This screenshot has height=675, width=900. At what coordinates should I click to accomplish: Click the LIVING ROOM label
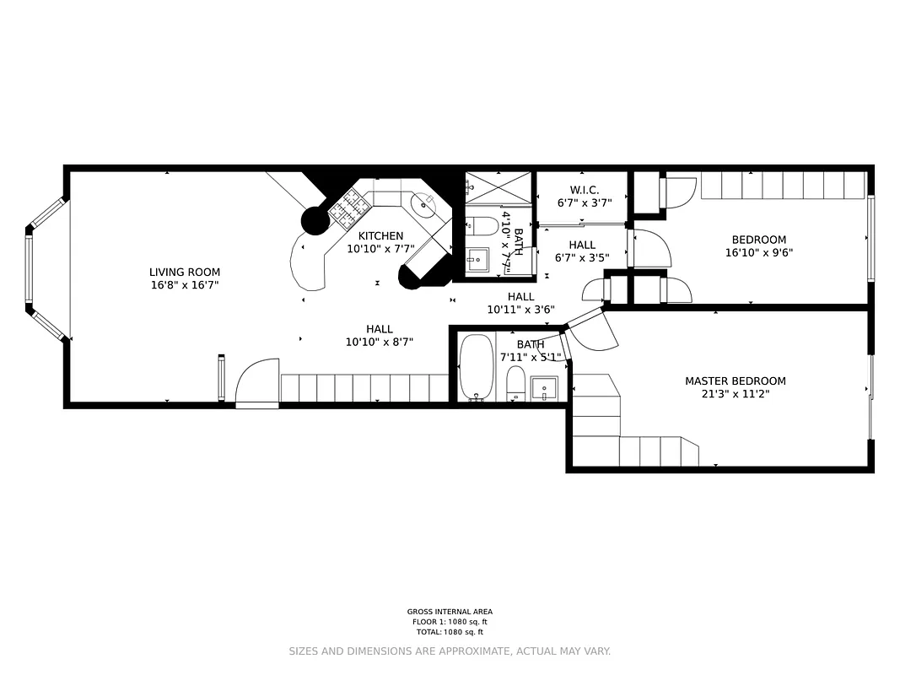click(x=185, y=272)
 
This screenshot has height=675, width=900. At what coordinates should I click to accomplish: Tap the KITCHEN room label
click(x=380, y=235)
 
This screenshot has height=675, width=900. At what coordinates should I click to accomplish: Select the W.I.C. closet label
click(x=584, y=191)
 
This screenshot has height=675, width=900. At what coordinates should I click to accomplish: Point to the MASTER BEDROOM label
click(x=735, y=381)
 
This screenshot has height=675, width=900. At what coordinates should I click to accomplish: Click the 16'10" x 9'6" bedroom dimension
click(x=758, y=252)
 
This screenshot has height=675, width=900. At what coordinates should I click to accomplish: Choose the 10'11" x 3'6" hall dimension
click(x=520, y=310)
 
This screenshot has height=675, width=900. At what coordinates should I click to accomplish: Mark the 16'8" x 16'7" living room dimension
click(x=185, y=285)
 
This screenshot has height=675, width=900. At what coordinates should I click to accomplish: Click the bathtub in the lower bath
click(x=476, y=368)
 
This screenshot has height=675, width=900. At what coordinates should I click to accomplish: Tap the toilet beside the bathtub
click(x=516, y=384)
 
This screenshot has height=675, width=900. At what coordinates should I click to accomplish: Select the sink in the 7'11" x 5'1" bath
click(x=544, y=389)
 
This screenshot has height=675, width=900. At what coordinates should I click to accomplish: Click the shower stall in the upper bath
click(x=499, y=187)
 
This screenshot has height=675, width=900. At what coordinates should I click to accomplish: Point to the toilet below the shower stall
click(x=483, y=226)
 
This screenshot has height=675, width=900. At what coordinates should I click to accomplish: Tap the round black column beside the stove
click(x=315, y=221)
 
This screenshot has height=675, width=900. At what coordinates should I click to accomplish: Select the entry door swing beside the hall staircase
click(x=256, y=384)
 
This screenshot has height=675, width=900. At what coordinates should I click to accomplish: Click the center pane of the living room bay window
click(x=29, y=268)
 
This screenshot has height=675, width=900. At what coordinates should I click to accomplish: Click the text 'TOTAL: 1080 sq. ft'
click(x=450, y=631)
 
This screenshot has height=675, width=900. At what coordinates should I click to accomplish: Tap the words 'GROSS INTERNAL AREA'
click(x=450, y=612)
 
